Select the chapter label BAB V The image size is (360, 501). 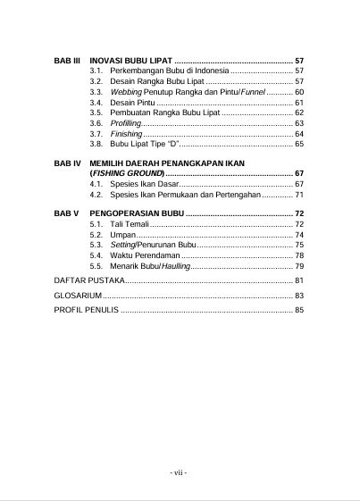[x=68, y=213]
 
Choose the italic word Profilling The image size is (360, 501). [x=126, y=123]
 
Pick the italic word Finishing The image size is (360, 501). [x=126, y=133]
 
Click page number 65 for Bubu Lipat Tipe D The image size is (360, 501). [x=299, y=144]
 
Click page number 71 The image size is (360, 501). [x=299, y=194]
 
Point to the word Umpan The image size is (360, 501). [x=123, y=234]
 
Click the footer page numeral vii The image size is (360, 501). [x=180, y=472]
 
